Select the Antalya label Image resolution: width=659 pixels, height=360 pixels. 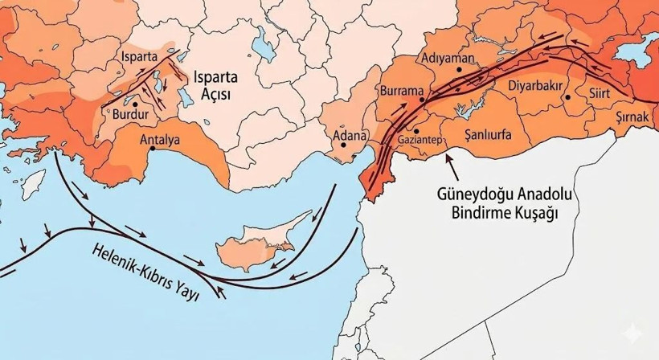(160, 139)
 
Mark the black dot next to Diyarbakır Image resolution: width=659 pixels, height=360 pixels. (567, 97)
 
